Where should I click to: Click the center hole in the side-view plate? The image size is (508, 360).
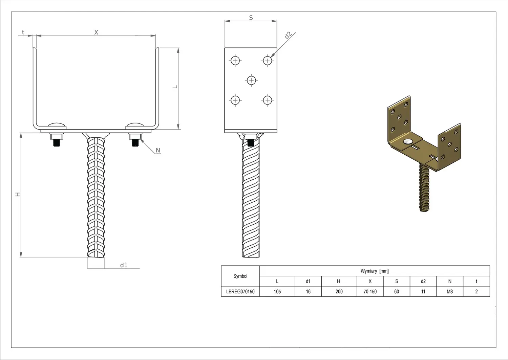tap(251, 80)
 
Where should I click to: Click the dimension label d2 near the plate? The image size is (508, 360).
tap(288, 35)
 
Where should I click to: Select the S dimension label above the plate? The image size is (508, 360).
tap(251, 18)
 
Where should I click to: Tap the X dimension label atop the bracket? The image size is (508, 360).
tap(96, 32)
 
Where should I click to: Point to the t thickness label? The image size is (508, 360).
tap(23, 32)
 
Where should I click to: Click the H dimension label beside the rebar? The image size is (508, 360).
tap(18, 195)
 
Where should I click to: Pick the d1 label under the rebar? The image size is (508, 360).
tap(124, 265)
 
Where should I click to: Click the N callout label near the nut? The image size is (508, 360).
tap(158, 150)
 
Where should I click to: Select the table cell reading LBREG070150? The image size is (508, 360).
tap(240, 292)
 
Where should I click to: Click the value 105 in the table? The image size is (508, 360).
tap(277, 292)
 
